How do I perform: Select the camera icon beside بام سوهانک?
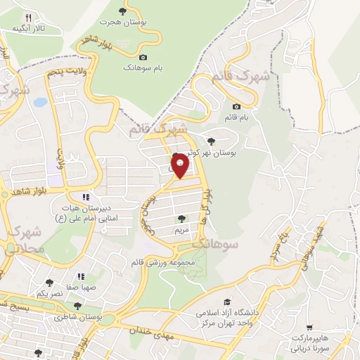click(x=143, y=57)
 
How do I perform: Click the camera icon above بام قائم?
click(x=236, y=107)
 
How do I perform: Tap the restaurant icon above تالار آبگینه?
click(x=28, y=18)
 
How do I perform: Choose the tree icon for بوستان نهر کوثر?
click(x=212, y=141)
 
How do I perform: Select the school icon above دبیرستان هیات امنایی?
click(x=86, y=198)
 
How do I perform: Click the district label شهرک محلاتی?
click(x=25, y=239)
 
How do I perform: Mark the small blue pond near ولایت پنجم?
click(x=40, y=103)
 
